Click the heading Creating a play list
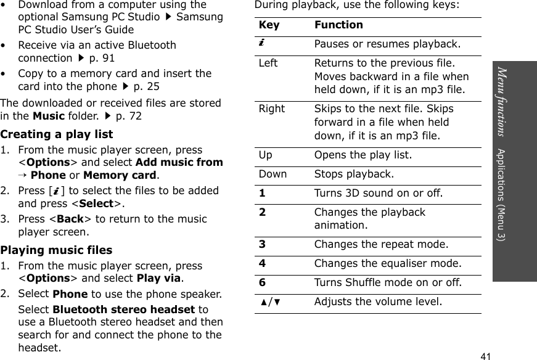coord(57,134)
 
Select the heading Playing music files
coord(56,250)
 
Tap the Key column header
coord(268,25)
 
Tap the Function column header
coord(338,25)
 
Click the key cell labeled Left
coord(268,63)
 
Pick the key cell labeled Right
coord(271,108)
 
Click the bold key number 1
coord(262,193)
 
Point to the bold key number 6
coord(262,282)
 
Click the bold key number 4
coord(262,263)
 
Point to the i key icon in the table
coord(262,43)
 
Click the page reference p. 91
coord(102,59)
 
